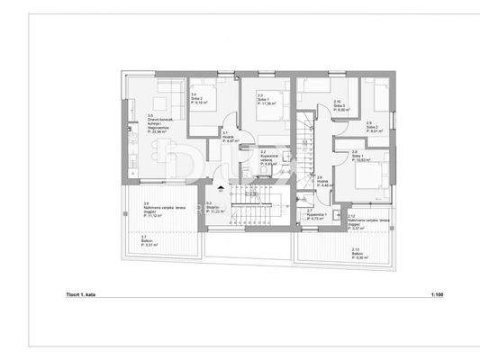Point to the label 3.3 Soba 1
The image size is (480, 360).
[266, 100]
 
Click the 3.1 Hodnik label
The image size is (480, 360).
[229, 137]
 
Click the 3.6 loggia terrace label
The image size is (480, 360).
[152, 211]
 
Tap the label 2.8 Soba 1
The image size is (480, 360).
[360, 157]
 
